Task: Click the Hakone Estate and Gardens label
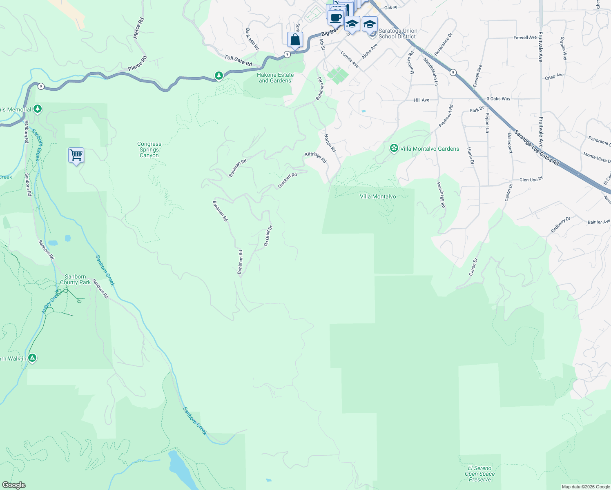(x=275, y=78)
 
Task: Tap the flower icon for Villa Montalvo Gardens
(x=394, y=148)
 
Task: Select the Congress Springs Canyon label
(x=149, y=150)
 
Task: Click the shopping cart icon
(x=76, y=156)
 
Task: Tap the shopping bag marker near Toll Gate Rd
(x=295, y=40)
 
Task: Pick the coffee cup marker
(x=336, y=18)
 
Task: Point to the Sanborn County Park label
(x=76, y=279)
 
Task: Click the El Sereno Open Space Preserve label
(x=480, y=474)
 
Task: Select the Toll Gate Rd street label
(x=238, y=60)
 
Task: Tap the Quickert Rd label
(x=287, y=180)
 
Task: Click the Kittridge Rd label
(x=316, y=157)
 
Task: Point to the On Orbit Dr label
(x=268, y=236)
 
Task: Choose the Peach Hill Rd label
(x=441, y=195)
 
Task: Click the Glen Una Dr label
(x=531, y=180)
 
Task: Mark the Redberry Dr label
(x=560, y=225)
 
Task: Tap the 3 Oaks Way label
(x=498, y=99)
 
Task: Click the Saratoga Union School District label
(x=398, y=33)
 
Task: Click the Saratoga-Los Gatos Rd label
(x=536, y=147)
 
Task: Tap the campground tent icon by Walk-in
(x=32, y=358)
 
